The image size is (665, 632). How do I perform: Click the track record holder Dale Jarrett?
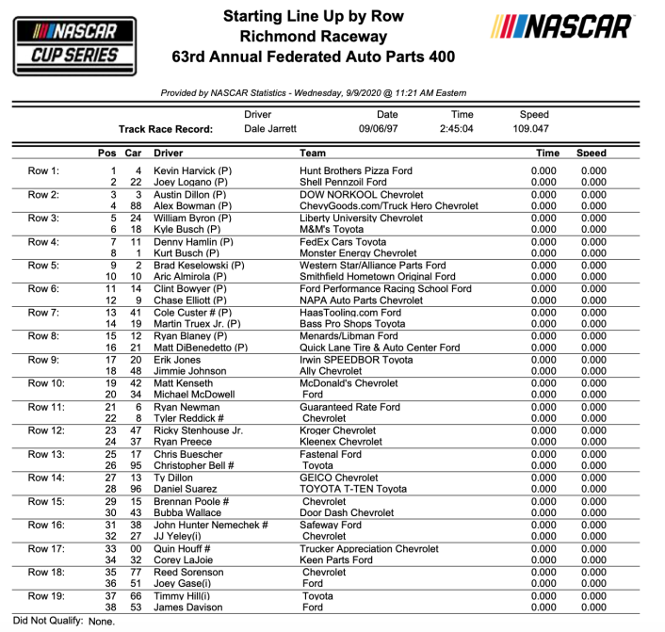point(270,128)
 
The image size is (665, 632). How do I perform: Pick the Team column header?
point(313,153)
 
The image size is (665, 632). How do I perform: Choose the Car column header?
point(134,153)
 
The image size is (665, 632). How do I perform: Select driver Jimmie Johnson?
point(189,371)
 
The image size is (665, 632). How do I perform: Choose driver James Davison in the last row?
point(189,608)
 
